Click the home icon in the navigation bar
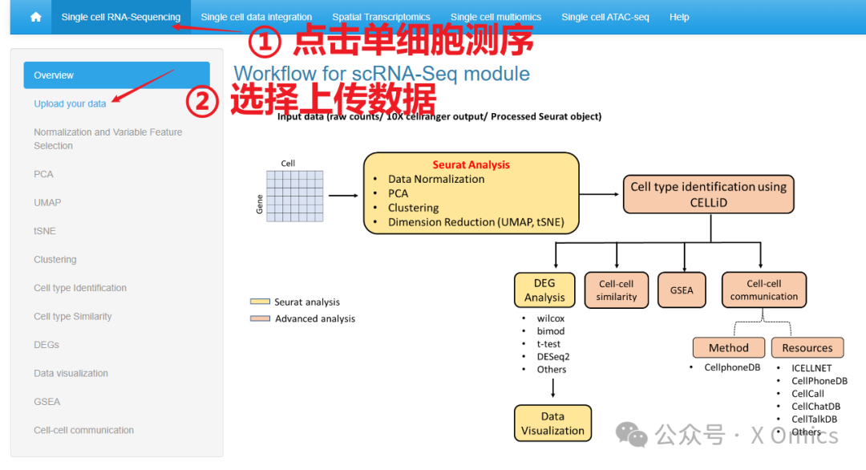point(35,17)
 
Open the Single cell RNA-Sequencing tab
point(120,17)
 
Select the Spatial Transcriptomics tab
point(381,17)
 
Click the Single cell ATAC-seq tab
point(605,17)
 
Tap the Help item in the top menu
point(679,17)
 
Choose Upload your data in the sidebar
point(70,103)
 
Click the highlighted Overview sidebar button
point(116,75)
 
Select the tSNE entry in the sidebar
point(44,231)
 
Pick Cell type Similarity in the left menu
point(72,317)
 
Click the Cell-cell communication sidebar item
point(83,431)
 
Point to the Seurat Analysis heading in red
point(471,164)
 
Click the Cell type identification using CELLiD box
point(708,194)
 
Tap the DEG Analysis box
point(544,290)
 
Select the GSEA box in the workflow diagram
point(682,290)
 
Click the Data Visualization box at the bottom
point(552,423)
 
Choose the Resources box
point(807,348)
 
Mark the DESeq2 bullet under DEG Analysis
point(552,357)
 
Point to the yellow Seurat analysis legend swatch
point(260,302)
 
